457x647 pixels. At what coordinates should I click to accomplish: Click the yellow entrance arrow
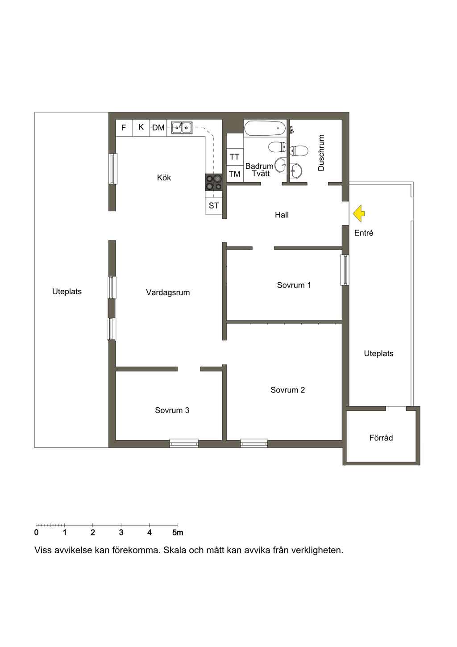coord(359,213)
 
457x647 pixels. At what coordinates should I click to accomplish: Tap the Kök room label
coord(164,177)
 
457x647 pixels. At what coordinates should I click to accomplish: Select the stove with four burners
coord(214,182)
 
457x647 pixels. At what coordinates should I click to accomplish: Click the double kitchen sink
coord(182,128)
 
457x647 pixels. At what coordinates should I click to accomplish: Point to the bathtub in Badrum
coord(265,128)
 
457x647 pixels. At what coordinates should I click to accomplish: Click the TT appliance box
coord(235,157)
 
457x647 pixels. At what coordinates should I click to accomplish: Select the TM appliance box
coord(235,174)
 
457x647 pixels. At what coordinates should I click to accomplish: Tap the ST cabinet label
coord(214,206)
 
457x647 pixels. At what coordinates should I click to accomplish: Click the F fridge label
coord(124,128)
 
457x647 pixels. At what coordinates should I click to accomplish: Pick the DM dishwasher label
coord(158,127)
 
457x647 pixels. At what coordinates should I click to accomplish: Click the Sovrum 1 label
coord(294,285)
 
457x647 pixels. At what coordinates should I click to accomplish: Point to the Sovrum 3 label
coord(172,410)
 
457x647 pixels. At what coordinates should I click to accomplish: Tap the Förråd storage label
coord(381,438)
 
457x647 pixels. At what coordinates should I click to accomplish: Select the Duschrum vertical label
coord(321,153)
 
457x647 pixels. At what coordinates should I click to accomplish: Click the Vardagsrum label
coord(168,292)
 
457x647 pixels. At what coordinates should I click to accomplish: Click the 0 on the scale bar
coord(36,532)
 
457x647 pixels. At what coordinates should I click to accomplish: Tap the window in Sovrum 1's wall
coord(345,270)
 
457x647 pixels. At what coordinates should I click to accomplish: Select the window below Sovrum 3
coord(184,443)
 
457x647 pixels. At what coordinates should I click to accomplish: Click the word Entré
coord(364,233)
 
